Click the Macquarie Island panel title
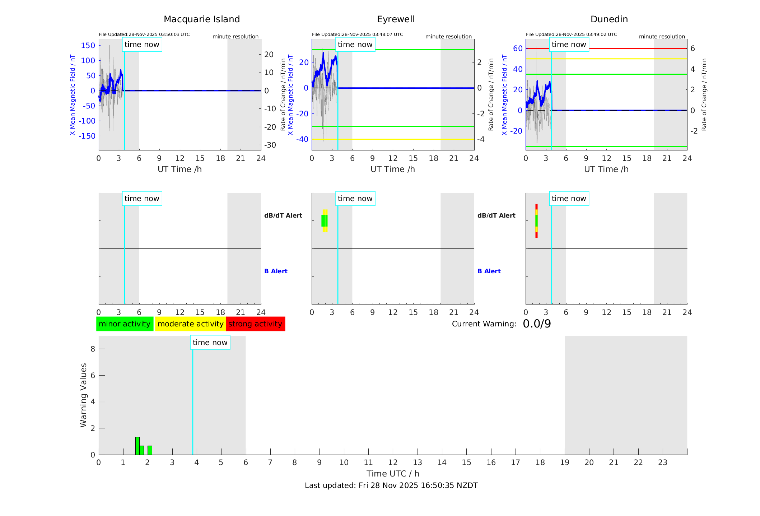[201, 19]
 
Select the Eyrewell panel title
[396, 19]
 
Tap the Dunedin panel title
[609, 19]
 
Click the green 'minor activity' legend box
[125, 324]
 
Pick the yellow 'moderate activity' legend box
[190, 324]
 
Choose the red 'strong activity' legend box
[255, 324]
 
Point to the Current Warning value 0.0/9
[537, 324]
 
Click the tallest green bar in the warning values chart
[137, 446]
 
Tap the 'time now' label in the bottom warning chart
[210, 343]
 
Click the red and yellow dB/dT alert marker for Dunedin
[536, 221]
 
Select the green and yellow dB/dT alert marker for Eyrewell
[325, 221]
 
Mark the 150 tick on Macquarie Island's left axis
[88, 46]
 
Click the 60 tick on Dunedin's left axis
[518, 48]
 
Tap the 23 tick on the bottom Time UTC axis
[662, 462]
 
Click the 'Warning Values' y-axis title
[84, 395]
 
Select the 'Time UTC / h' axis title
[393, 474]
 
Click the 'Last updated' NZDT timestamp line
[391, 485]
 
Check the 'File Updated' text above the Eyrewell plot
[357, 34]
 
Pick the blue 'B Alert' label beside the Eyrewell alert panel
[489, 271]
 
